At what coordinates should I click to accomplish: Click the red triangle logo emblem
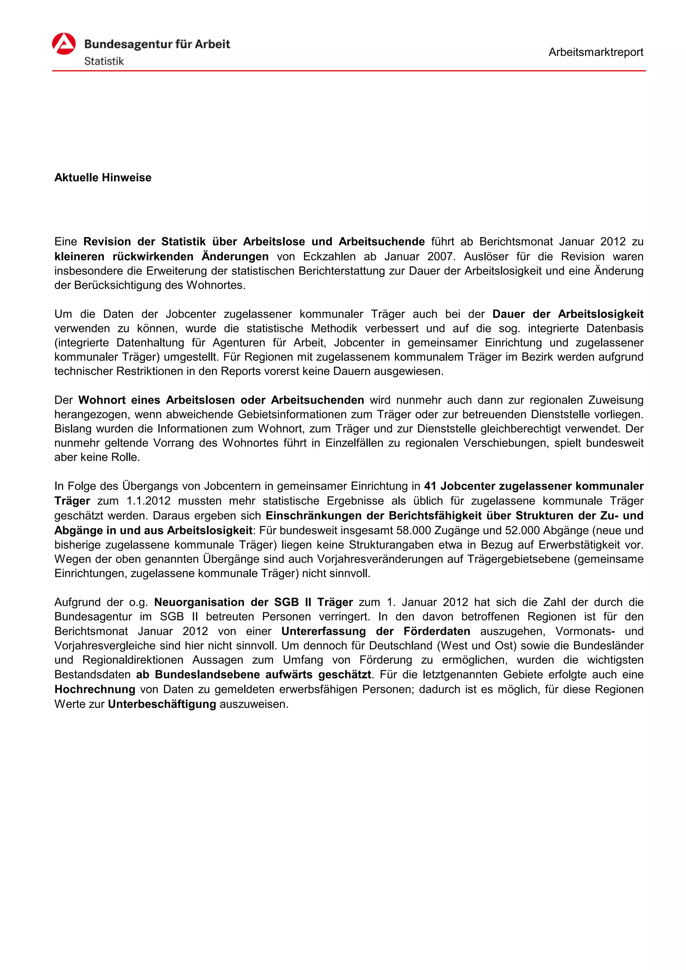(64, 44)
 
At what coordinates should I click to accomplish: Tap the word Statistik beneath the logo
(104, 61)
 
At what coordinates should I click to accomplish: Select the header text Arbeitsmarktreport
(596, 52)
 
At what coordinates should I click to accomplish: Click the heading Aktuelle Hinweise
(102, 178)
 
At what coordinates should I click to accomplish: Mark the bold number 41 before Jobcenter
(430, 486)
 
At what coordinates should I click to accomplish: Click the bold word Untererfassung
(324, 631)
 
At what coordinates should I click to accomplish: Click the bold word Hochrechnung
(94, 689)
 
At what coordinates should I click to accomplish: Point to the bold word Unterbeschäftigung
(162, 704)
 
